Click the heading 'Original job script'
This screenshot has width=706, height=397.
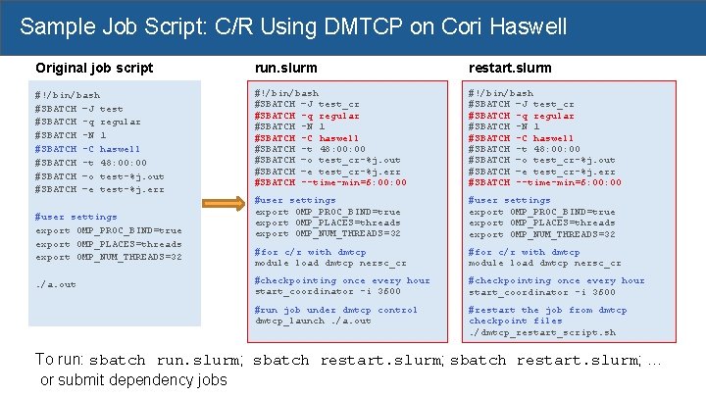(94, 68)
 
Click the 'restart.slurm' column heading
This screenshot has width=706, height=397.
(510, 69)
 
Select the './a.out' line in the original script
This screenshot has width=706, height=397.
(55, 284)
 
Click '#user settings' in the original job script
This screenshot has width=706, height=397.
(76, 217)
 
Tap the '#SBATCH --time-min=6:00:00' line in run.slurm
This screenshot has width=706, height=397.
(330, 182)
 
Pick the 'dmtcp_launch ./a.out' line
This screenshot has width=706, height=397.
(313, 321)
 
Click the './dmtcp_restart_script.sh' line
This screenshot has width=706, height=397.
(542, 332)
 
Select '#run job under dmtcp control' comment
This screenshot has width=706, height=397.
(336, 310)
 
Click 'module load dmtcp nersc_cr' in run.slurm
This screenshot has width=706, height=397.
(330, 263)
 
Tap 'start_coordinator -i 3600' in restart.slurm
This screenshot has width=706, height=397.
(542, 291)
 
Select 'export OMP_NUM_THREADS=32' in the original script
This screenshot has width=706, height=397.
(108, 257)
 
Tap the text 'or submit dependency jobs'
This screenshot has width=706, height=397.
(133, 380)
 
